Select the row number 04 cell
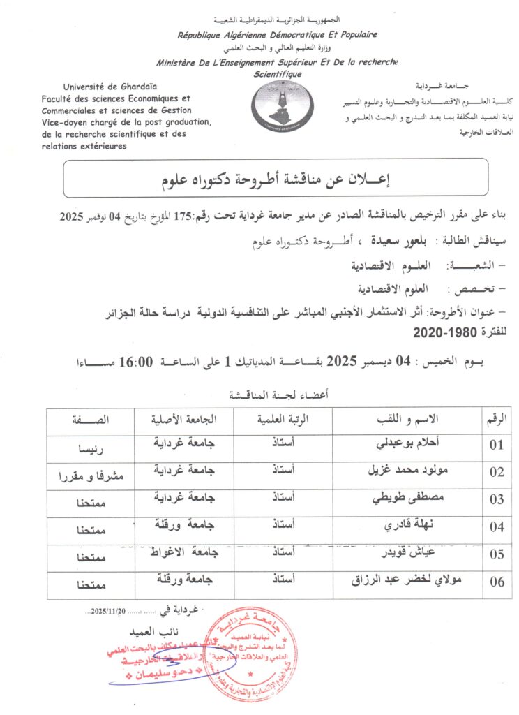coord(497,526)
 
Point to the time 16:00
coord(137,362)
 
